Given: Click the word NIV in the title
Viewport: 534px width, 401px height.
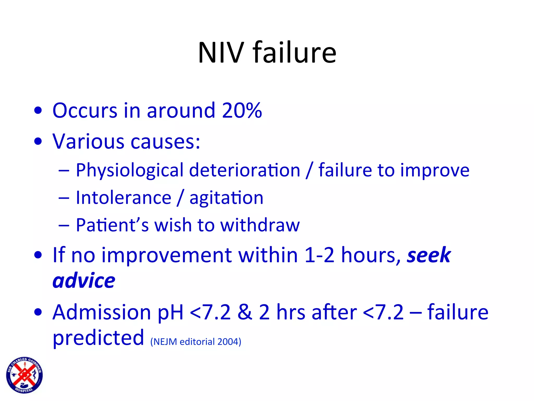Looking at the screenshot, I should [x=221, y=53].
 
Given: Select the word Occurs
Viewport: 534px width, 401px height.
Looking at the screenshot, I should [x=85, y=110].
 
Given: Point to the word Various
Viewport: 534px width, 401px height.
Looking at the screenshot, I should [x=88, y=141].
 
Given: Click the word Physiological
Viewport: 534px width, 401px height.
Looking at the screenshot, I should [x=130, y=170].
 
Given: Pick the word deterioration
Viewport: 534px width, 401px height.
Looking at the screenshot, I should [x=245, y=170].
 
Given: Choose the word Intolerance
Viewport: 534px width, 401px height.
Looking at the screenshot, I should [x=124, y=198].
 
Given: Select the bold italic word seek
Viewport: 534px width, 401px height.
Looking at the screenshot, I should [x=429, y=255].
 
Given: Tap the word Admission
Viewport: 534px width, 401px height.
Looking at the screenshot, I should [x=102, y=312].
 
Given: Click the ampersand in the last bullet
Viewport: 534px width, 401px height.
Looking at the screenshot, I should [x=245, y=312].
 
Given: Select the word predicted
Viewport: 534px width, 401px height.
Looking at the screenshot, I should [x=98, y=338].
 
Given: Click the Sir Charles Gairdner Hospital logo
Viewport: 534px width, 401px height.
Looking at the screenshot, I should [x=25, y=375].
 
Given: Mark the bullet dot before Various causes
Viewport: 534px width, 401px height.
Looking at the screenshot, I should [x=38, y=141].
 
